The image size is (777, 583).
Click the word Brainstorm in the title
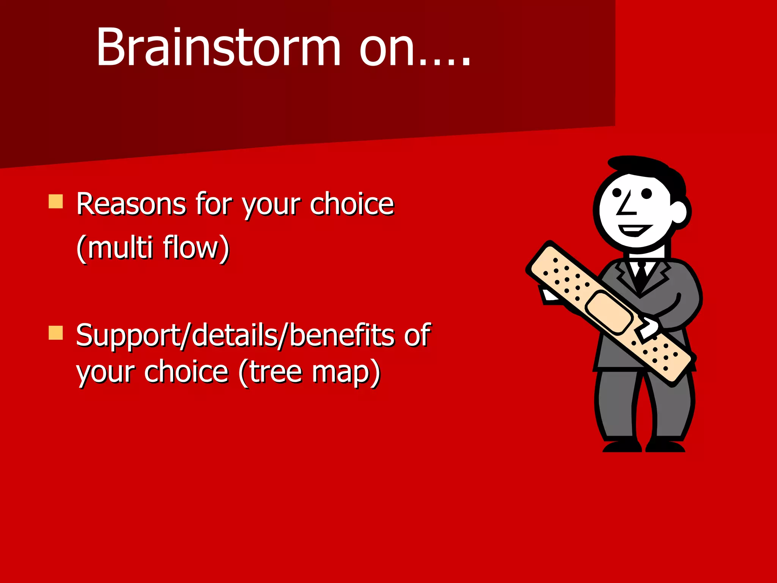click(x=218, y=47)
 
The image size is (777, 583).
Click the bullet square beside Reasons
click(x=56, y=202)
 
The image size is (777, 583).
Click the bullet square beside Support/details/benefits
click(x=56, y=333)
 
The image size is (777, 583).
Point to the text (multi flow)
click(x=153, y=247)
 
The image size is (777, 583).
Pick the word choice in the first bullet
click(x=352, y=204)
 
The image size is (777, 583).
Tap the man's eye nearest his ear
click(x=646, y=194)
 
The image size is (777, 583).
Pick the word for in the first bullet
click(x=214, y=204)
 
